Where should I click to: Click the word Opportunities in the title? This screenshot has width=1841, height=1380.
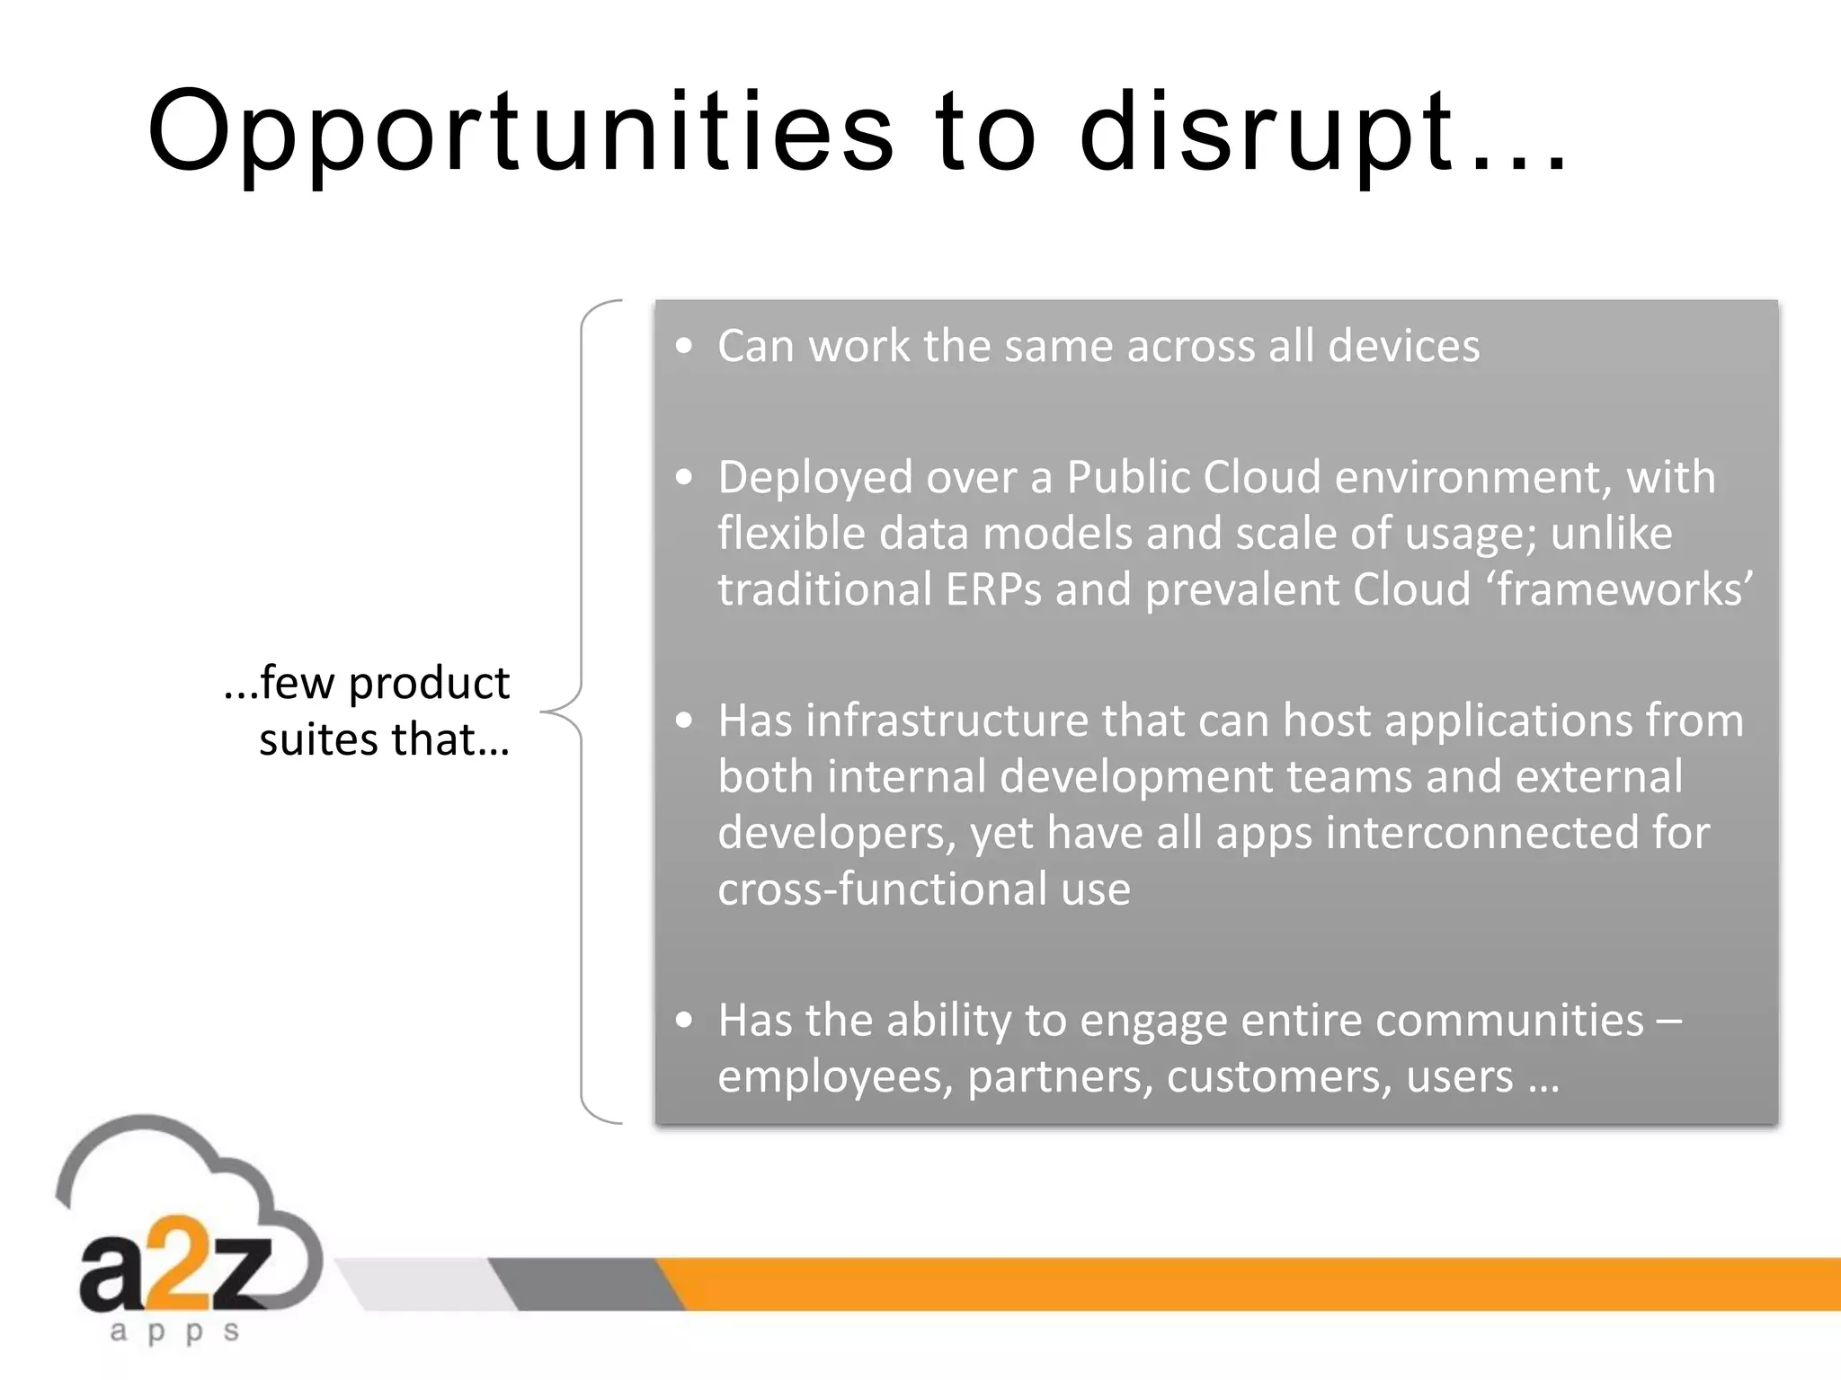click(520, 133)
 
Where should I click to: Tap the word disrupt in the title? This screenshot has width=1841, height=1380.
click(1266, 133)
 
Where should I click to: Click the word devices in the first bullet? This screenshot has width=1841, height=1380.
click(1403, 346)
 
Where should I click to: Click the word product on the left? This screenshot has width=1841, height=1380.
click(429, 684)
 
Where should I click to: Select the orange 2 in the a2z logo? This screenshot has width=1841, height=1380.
click(179, 1260)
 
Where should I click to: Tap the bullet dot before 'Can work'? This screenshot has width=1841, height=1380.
click(685, 346)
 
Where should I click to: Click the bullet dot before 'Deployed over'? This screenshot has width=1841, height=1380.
click(685, 477)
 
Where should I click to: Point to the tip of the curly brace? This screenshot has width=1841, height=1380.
click(543, 712)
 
